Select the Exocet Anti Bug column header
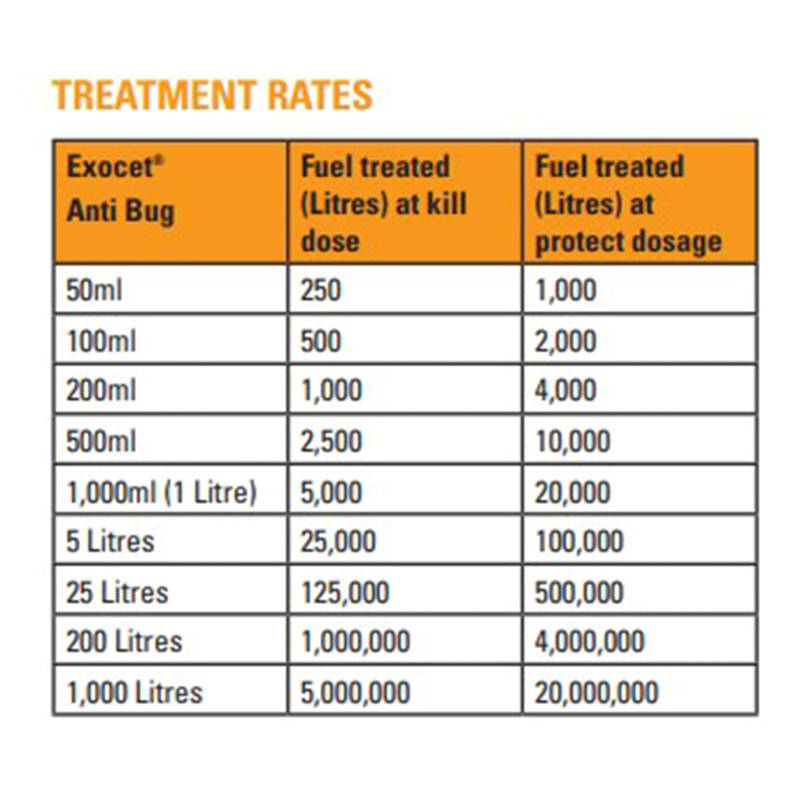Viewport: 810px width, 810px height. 120,189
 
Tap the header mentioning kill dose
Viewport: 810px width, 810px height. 383,204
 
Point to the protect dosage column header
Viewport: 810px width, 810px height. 628,204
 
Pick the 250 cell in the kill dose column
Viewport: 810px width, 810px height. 321,290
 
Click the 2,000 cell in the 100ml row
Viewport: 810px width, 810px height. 565,341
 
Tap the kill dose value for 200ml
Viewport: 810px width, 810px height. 331,391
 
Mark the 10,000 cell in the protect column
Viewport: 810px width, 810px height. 572,441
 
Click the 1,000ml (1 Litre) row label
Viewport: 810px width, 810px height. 161,492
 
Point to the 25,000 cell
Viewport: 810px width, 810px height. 338,541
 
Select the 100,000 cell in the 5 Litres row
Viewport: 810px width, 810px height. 579,541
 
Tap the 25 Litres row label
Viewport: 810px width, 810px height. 117,592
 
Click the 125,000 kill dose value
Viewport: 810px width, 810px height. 345,592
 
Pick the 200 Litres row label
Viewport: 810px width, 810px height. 124,642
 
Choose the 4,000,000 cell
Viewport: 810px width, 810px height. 589,642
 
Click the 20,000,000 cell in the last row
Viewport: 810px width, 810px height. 596,692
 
